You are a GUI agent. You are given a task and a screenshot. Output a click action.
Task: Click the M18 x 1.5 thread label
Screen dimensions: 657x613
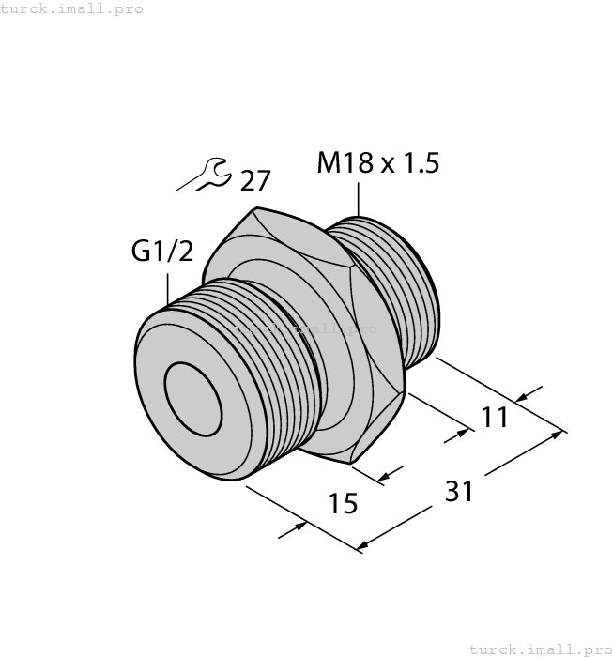(x=377, y=163)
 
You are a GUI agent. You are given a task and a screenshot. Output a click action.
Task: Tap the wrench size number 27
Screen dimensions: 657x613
(x=256, y=180)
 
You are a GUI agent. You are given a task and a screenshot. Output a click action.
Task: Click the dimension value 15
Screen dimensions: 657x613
(x=345, y=504)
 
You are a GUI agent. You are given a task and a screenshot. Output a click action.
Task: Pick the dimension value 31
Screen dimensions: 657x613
(x=457, y=490)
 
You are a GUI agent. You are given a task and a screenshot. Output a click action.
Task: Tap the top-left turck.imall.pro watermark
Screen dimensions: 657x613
(x=72, y=8)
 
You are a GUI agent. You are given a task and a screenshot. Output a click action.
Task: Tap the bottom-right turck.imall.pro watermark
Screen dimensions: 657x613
(x=539, y=649)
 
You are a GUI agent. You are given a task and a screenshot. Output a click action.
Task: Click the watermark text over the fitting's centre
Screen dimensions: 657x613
(x=306, y=329)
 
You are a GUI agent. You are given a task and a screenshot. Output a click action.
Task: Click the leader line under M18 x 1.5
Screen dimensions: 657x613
(x=359, y=202)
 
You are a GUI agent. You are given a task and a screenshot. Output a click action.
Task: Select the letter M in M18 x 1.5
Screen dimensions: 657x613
(x=329, y=163)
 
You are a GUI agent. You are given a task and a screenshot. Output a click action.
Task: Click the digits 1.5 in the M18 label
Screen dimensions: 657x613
(x=421, y=163)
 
